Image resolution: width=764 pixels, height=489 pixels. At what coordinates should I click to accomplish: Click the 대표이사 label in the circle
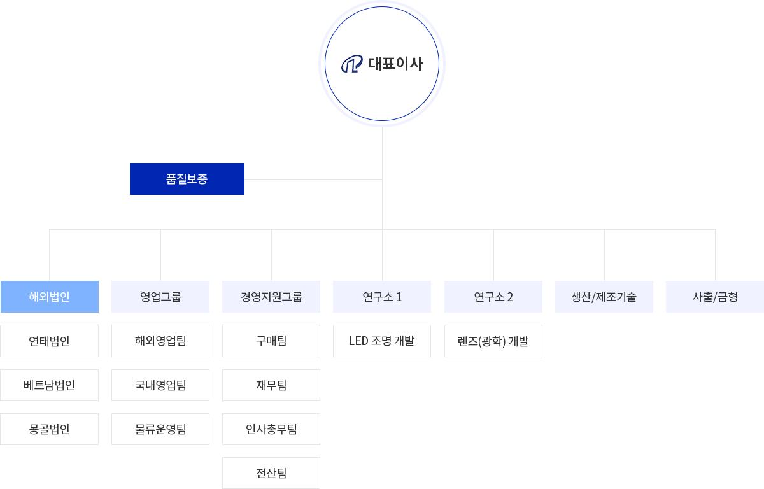[395, 64]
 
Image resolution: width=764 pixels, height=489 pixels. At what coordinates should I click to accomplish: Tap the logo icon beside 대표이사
[352, 64]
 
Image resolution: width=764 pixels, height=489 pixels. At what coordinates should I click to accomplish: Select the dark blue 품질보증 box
[187, 179]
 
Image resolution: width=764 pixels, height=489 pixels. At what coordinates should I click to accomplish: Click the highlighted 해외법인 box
[50, 297]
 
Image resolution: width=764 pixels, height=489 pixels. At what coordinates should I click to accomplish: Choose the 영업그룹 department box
[160, 297]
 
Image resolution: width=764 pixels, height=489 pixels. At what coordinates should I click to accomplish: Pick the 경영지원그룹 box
[271, 297]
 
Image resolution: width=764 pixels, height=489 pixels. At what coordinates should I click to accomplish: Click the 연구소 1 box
[382, 297]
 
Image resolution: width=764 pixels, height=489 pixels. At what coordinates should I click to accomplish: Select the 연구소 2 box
[493, 297]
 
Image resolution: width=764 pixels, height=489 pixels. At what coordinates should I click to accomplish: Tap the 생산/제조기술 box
[604, 297]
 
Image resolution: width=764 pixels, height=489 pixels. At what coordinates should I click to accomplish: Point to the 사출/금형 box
[715, 297]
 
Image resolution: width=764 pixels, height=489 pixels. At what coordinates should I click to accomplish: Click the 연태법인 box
[50, 341]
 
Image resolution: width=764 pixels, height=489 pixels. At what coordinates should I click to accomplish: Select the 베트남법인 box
[50, 385]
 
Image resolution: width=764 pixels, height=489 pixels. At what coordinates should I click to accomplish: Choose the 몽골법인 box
[50, 429]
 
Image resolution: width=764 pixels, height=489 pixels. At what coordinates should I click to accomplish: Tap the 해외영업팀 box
[160, 341]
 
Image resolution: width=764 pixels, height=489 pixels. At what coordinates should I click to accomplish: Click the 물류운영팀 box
[160, 429]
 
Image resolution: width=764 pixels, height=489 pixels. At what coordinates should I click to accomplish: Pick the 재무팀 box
[271, 385]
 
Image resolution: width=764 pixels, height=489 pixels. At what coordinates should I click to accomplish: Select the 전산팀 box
[271, 473]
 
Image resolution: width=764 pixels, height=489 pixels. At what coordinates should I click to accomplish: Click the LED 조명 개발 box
[382, 341]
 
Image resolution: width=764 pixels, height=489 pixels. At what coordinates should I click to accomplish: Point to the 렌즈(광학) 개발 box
[493, 341]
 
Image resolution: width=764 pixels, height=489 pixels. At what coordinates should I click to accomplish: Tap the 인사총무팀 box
[271, 429]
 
